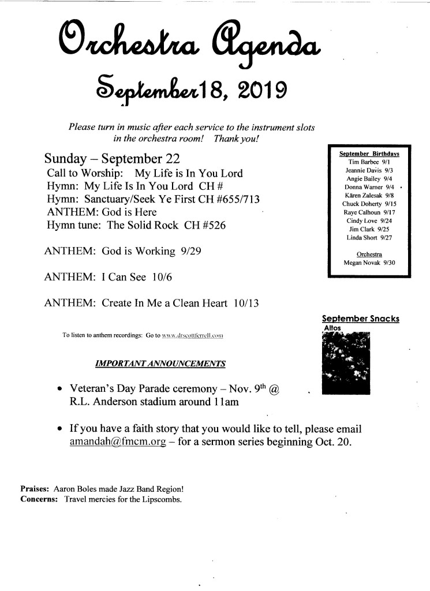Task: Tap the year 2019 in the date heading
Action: (257, 90)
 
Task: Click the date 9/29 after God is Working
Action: (190, 251)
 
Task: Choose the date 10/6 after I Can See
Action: (163, 277)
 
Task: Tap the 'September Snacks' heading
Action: (360, 319)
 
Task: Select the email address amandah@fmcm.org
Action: (118, 443)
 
